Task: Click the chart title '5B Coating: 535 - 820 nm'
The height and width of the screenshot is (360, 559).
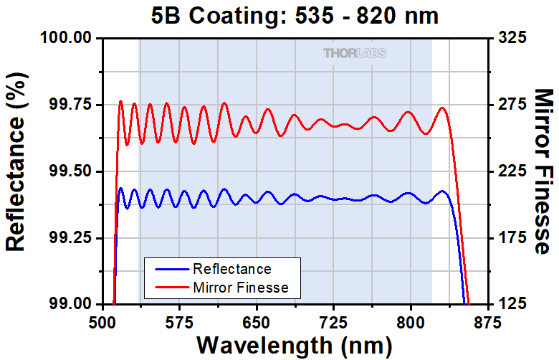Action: (295, 15)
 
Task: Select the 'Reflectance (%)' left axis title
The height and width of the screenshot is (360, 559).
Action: (16, 170)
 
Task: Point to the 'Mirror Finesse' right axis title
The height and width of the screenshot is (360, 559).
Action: (544, 171)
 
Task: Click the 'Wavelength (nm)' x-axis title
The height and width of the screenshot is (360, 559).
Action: (295, 344)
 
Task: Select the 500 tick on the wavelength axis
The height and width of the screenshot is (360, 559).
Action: (102, 320)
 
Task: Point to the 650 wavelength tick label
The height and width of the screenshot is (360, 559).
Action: (257, 320)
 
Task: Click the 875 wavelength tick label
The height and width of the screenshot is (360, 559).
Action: (487, 320)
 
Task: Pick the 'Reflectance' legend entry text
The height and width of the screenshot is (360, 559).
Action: (232, 269)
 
